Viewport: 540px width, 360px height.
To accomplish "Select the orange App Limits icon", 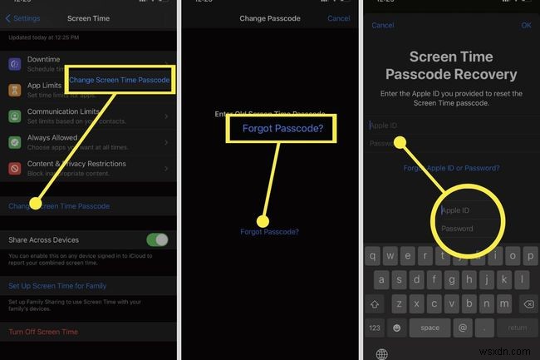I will (15, 90).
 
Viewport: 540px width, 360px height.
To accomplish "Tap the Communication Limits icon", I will (15, 116).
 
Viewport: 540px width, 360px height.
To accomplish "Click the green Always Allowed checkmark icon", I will (15, 141).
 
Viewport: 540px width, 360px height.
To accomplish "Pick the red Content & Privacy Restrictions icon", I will (15, 168).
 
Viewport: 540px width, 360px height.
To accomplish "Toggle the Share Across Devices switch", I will (157, 239).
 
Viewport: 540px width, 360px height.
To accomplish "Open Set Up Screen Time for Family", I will (57, 286).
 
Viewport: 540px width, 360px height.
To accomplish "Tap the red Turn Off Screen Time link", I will (43, 332).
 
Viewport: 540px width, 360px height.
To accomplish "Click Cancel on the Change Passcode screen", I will (339, 17).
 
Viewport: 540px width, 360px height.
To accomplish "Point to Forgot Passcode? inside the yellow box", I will (282, 128).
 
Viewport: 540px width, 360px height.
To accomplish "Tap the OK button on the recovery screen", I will (526, 25).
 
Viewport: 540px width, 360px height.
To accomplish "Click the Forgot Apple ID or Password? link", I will (451, 168).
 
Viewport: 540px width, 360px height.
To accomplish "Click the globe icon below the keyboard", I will (381, 353).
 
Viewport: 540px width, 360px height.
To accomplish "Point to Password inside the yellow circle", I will (458, 229).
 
